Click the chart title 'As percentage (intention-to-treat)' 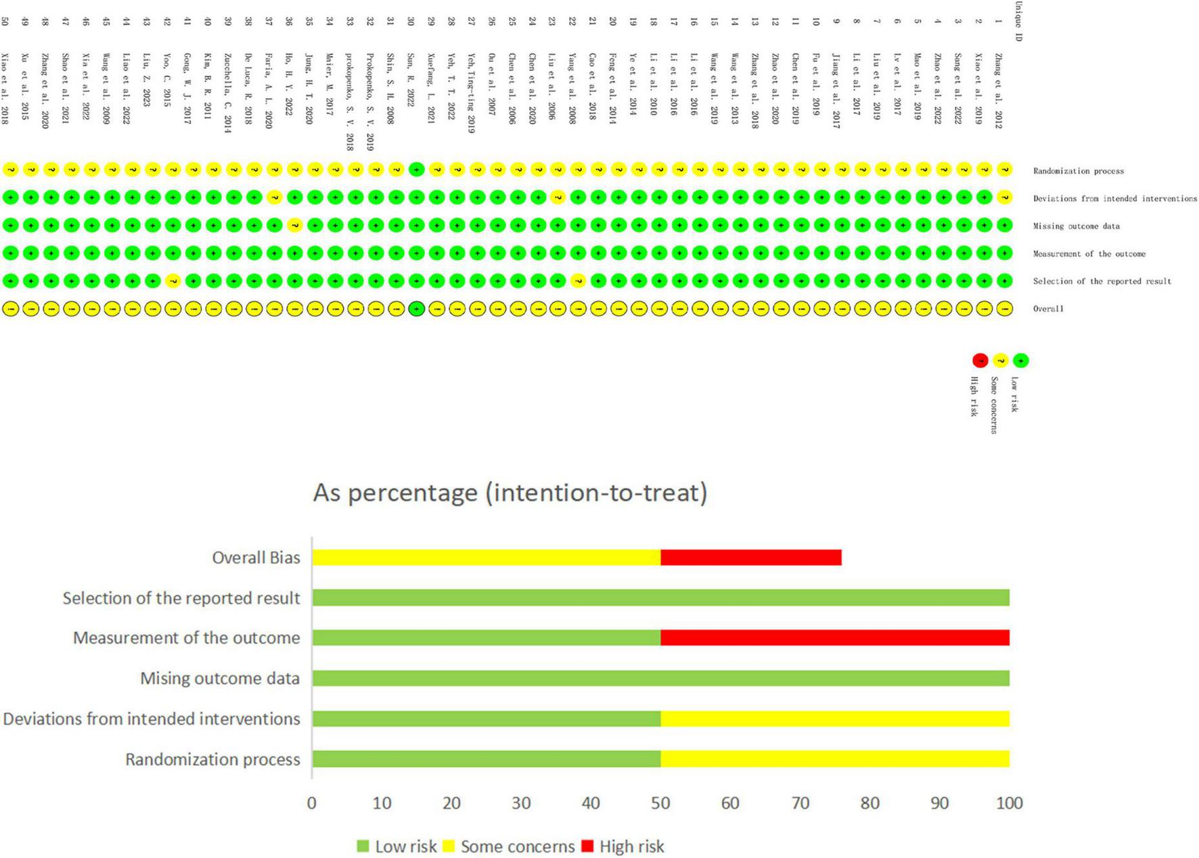(x=510, y=493)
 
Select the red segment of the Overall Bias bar (x=751, y=557)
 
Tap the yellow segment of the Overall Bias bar (x=486, y=557)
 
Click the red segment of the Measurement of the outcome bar (x=835, y=637)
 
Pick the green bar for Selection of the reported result (x=660, y=597)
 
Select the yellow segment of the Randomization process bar (x=835, y=759)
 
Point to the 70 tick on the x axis (x=800, y=803)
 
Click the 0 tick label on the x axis (x=311, y=803)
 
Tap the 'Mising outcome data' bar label (x=220, y=679)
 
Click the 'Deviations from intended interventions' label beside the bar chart (x=152, y=719)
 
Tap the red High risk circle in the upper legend (x=980, y=361)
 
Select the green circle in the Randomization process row (x=417, y=169)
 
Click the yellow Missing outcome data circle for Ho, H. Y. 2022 (x=294, y=225)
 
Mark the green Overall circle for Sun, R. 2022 (x=417, y=309)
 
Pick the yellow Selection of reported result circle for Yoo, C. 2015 (x=173, y=281)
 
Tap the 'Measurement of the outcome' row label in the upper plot (x=1089, y=254)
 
